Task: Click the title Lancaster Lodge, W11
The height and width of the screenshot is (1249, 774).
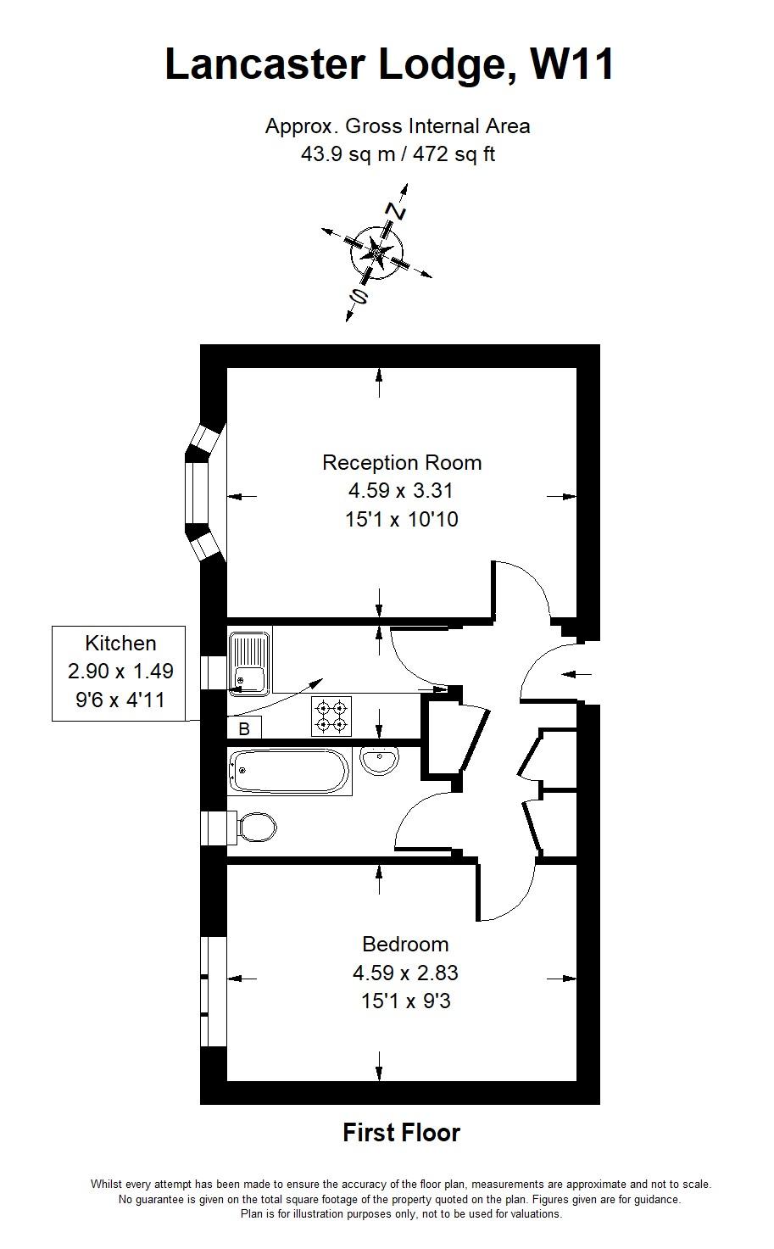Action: [x=389, y=64]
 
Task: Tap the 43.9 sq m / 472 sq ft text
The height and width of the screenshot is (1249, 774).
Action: [x=398, y=153]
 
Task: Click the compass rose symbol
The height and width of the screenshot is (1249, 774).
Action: [x=377, y=253]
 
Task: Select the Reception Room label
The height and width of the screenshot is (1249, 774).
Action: [x=402, y=463]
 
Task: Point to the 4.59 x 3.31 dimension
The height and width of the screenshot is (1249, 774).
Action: [x=400, y=491]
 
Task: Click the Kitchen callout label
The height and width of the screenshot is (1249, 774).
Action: [x=120, y=643]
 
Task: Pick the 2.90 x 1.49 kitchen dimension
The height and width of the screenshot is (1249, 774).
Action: [x=120, y=671]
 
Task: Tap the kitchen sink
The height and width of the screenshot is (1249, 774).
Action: [x=250, y=661]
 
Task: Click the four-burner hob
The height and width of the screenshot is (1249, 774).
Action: [x=331, y=716]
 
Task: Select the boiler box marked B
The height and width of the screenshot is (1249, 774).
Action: [x=243, y=728]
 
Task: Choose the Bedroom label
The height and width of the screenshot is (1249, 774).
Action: [x=405, y=944]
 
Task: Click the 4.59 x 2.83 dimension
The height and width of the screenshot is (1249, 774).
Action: [x=405, y=973]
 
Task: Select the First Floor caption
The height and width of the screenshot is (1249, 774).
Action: [x=402, y=1133]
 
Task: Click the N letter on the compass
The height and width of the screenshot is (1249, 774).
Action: [x=395, y=211]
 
